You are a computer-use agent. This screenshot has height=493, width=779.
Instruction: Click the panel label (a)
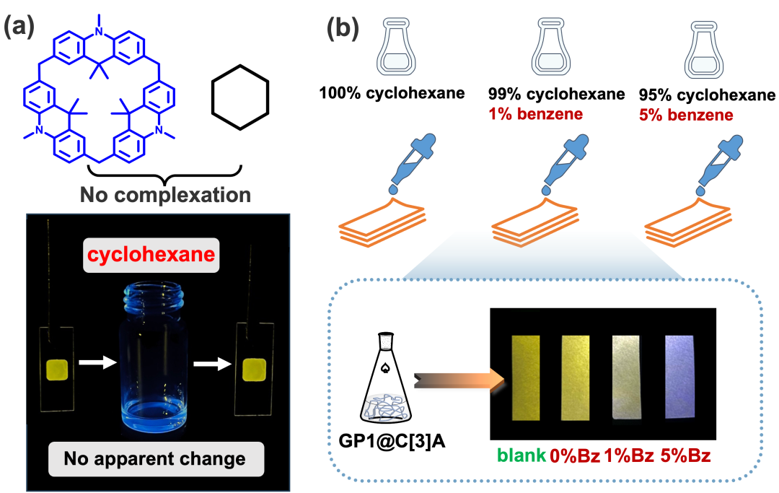pos(19,27)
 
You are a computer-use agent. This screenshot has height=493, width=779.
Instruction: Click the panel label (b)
pos(343,28)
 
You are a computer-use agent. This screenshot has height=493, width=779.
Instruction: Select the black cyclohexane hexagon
pos(240,97)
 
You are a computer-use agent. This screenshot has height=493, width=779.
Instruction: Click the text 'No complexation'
pos(165,195)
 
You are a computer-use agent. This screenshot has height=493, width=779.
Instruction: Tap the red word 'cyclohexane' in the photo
pos(151,255)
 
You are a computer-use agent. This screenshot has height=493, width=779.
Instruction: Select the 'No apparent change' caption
pos(155,458)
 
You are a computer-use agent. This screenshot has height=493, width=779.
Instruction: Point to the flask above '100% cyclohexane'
pos(396,47)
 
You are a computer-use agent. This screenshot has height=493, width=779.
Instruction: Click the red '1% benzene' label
pos(535,114)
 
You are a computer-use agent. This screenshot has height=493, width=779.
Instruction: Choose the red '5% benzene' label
pos(686,115)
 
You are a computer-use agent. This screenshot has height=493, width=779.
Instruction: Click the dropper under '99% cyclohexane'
pos(565,165)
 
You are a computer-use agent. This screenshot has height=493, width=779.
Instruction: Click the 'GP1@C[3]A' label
pos(392,440)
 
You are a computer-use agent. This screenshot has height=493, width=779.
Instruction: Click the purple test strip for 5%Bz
pos(679,376)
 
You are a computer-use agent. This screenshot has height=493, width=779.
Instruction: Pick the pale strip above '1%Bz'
pos(627,378)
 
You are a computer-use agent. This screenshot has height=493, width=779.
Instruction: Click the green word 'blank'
pos(521,455)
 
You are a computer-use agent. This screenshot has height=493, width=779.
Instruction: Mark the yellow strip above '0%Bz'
pos(576,378)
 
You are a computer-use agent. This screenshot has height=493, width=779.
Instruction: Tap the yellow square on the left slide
pos(56,370)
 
